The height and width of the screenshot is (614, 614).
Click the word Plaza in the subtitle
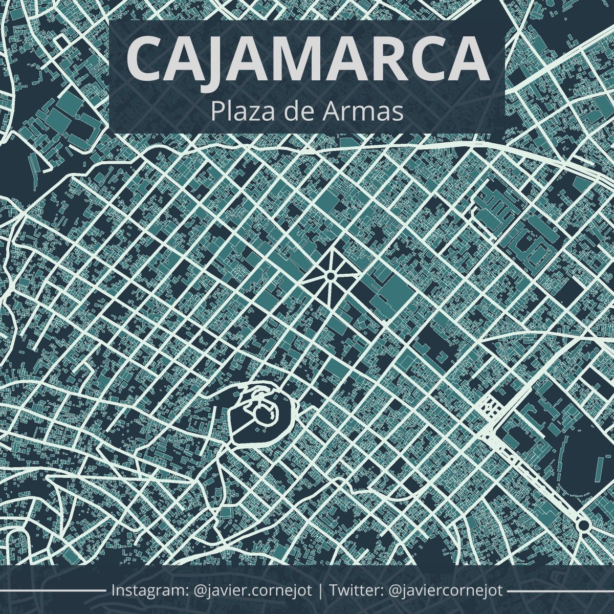coord(239,112)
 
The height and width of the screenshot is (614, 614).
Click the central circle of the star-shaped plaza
coord(330,276)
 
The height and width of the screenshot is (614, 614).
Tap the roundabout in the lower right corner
coord(583,525)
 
